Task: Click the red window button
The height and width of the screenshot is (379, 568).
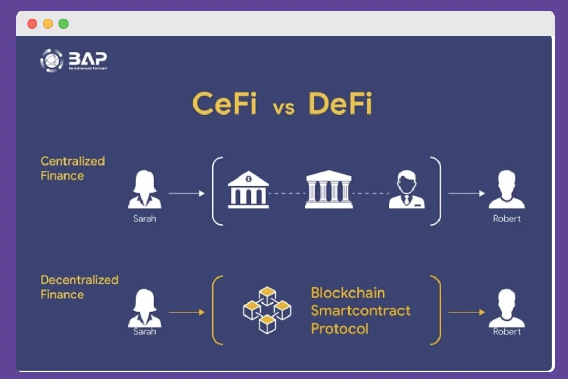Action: click(32, 24)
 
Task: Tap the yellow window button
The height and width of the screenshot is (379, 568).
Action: click(48, 24)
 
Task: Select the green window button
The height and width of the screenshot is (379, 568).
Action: click(63, 24)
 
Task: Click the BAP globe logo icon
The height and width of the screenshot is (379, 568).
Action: click(51, 60)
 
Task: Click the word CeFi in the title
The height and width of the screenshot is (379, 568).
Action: click(225, 104)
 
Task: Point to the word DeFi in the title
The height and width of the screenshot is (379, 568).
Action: click(340, 104)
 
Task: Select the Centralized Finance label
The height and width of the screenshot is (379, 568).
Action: click(72, 168)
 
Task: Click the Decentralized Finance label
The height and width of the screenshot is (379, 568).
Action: click(79, 287)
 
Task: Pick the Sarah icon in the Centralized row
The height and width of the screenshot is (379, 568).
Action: click(145, 190)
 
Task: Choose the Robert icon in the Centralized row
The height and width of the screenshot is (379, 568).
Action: click(506, 189)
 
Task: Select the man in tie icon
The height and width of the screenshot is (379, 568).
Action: click(406, 190)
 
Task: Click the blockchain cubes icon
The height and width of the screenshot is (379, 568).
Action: click(267, 310)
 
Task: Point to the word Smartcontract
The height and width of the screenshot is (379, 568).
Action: click(360, 311)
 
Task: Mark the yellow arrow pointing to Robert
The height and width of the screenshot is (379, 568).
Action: click(467, 312)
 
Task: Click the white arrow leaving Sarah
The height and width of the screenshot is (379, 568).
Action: click(187, 193)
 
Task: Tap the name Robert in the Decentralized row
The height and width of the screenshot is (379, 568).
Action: click(506, 332)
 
